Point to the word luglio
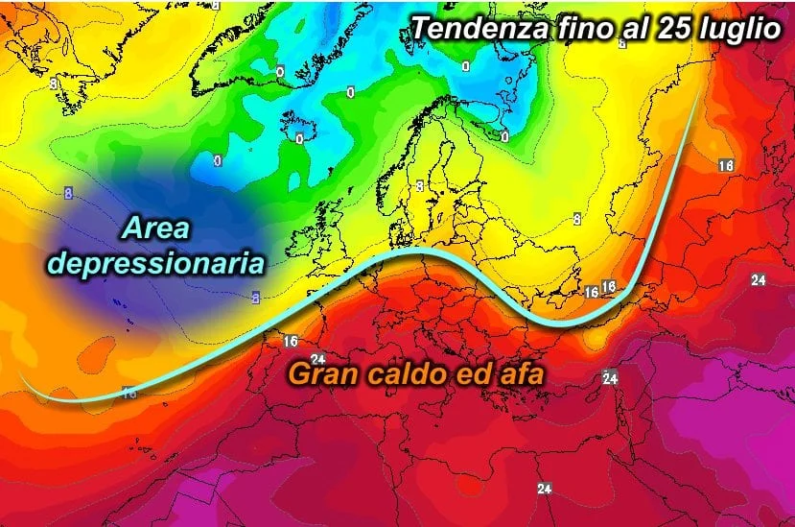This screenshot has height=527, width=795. click(738, 29)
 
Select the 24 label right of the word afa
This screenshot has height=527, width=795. click(609, 378)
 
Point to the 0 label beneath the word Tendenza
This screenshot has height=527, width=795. click(465, 66)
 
